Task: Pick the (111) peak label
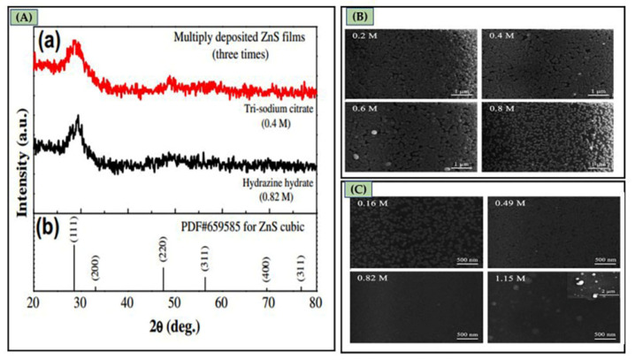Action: pos(74,228)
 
